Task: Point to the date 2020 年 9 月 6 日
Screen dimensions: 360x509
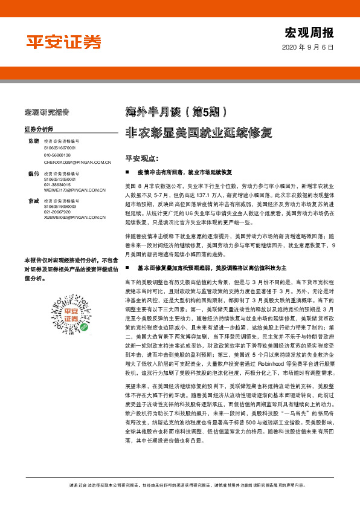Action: [307, 48]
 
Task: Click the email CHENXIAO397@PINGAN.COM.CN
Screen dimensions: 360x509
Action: [77, 163]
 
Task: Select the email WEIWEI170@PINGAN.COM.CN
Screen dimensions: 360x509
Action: [75, 190]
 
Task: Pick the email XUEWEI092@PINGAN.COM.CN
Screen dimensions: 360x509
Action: [76, 217]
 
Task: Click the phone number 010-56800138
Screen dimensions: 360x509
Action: [59, 155]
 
